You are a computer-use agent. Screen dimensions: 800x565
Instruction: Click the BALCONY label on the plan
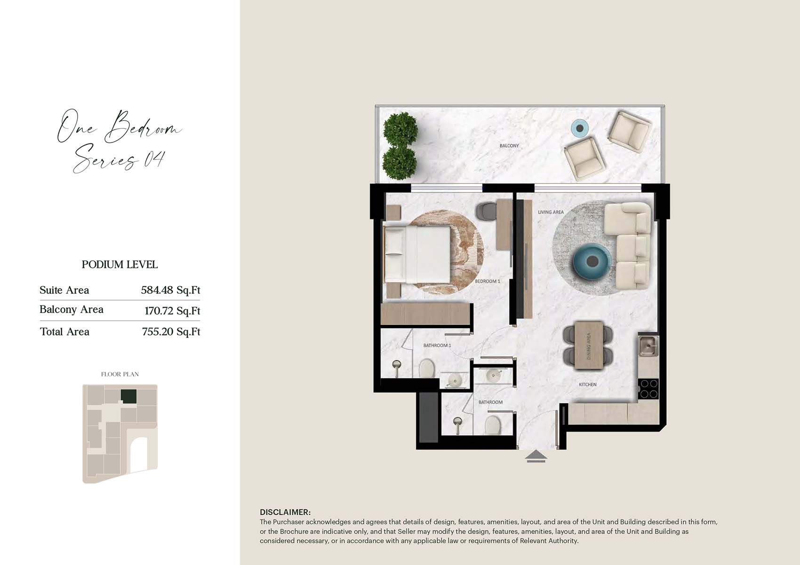pyautogui.click(x=509, y=146)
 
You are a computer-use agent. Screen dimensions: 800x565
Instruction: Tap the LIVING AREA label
pyautogui.click(x=551, y=212)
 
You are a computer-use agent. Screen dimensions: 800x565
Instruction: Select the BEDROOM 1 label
pyautogui.click(x=487, y=281)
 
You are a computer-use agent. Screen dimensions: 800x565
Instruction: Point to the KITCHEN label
pyautogui.click(x=587, y=385)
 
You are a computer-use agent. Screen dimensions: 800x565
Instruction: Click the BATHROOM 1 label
pyautogui.click(x=437, y=345)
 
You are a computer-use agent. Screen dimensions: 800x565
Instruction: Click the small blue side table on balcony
pyautogui.click(x=580, y=128)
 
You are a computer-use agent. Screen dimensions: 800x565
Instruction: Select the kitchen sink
pyautogui.click(x=648, y=345)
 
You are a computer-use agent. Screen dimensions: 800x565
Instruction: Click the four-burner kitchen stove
pyautogui.click(x=648, y=388)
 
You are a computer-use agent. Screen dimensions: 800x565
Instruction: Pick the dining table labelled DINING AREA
pyautogui.click(x=589, y=345)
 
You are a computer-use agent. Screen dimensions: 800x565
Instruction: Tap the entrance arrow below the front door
pyautogui.click(x=536, y=456)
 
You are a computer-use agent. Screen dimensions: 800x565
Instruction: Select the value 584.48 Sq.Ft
pyautogui.click(x=170, y=290)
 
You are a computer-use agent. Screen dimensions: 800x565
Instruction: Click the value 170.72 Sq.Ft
pyautogui.click(x=172, y=311)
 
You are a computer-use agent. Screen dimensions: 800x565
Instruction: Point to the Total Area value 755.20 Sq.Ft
pyautogui.click(x=171, y=332)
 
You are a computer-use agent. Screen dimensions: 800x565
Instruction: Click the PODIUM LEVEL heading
pyautogui.click(x=120, y=264)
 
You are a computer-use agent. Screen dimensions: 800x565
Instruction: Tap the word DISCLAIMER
pyautogui.click(x=285, y=512)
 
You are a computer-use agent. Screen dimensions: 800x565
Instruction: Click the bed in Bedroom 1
pyautogui.click(x=417, y=255)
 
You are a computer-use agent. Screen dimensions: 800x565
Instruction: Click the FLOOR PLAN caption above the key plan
pyautogui.click(x=120, y=374)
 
